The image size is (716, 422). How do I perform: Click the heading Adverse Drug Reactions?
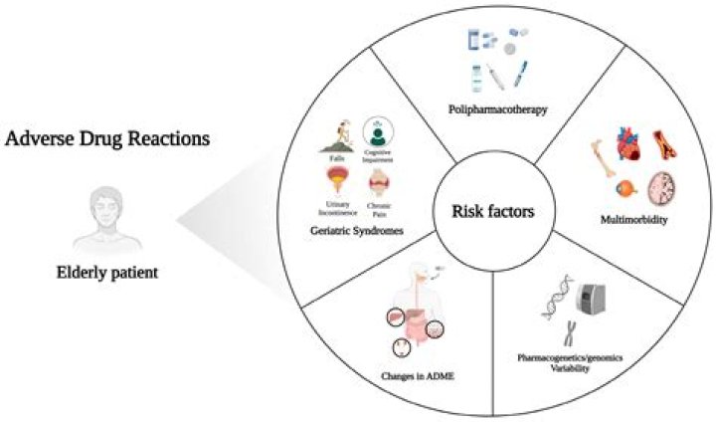pyautogui.click(x=107, y=139)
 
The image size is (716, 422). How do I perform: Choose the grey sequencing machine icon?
pyautogui.click(x=597, y=296)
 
